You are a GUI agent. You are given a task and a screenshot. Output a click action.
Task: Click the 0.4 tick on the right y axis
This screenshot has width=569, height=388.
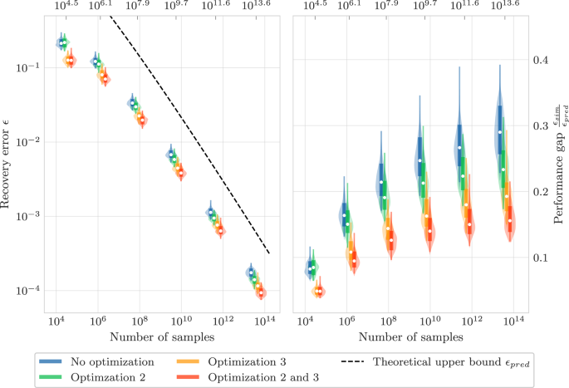click(541, 60)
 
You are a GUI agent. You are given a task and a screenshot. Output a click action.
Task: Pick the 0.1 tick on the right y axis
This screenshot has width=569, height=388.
click(541, 258)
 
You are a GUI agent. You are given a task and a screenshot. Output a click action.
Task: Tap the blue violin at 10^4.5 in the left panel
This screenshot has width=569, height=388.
click(61, 42)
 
